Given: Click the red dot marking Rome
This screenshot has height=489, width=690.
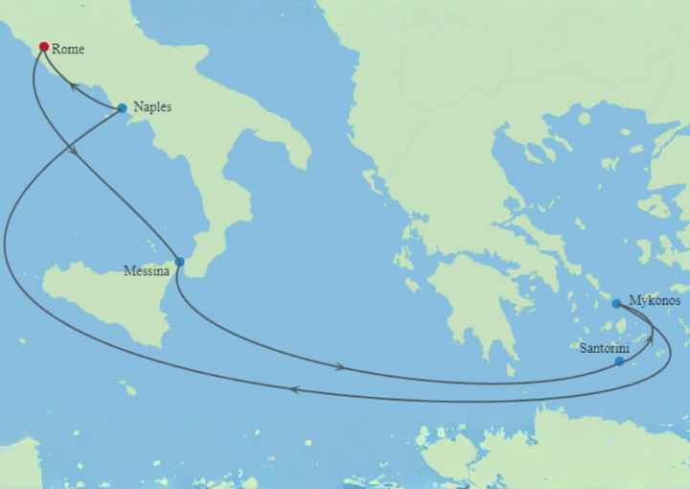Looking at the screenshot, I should pyautogui.click(x=43, y=46).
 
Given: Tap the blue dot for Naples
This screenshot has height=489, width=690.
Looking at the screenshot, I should pyautogui.click(x=122, y=108).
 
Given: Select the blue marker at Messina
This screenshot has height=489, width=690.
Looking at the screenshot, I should pyautogui.click(x=179, y=261).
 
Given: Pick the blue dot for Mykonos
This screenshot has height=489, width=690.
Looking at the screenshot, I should pyautogui.click(x=616, y=303).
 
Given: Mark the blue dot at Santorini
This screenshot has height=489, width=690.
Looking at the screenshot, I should pyautogui.click(x=619, y=361).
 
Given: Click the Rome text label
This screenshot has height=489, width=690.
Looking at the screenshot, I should pyautogui.click(x=68, y=48).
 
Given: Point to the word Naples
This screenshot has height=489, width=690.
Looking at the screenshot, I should pyautogui.click(x=152, y=107).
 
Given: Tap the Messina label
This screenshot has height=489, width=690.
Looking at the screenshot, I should pyautogui.click(x=147, y=271).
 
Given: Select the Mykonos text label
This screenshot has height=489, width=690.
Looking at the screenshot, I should pyautogui.click(x=655, y=300).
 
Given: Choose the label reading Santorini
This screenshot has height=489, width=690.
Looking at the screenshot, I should pyautogui.click(x=604, y=347).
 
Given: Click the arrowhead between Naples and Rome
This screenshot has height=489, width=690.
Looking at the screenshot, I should pyautogui.click(x=72, y=86).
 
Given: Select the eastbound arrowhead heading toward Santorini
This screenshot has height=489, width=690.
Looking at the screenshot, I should pyautogui.click(x=341, y=366).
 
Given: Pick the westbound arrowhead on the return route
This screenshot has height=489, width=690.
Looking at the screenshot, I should pyautogui.click(x=293, y=388).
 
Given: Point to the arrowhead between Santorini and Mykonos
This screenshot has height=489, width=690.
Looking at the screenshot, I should pyautogui.click(x=649, y=338).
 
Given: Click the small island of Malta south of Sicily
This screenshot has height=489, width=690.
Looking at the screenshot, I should pyautogui.click(x=127, y=387).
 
